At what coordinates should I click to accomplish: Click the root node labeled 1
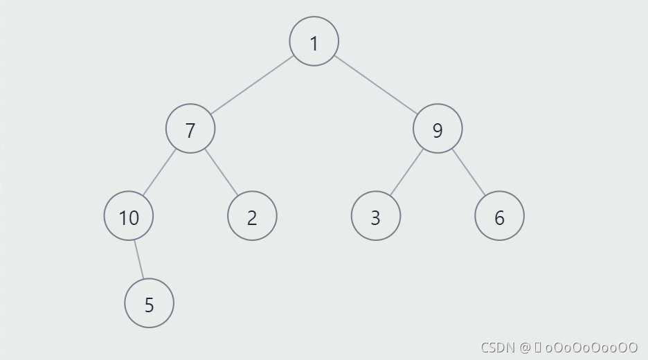pos(314,42)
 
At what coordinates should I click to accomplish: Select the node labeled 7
pos(190,129)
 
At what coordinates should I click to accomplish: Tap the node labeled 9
pos(438,129)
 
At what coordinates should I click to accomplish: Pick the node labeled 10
pos(129,217)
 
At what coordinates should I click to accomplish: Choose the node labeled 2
pos(252,217)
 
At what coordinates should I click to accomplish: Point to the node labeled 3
pos(375,217)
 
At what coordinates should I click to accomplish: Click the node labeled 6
pos(499,217)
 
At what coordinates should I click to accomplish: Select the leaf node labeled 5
pos(149,303)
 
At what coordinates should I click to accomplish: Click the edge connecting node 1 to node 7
pos(252,85)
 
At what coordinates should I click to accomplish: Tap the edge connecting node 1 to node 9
pos(375,85)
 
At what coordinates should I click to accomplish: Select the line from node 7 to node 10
pos(160,172)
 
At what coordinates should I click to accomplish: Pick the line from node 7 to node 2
pos(221,172)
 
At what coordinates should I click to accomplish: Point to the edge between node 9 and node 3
pos(406,172)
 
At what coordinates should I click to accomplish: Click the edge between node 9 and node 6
pos(469,172)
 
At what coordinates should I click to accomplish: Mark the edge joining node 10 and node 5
pos(139,260)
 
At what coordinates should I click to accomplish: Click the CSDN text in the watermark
pos(498,347)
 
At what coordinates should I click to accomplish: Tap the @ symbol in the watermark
pos(525,347)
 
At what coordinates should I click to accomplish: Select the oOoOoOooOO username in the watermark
pos(591,347)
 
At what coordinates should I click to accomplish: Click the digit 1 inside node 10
pos(123,217)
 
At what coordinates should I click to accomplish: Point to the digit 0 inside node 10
pos(134,217)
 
